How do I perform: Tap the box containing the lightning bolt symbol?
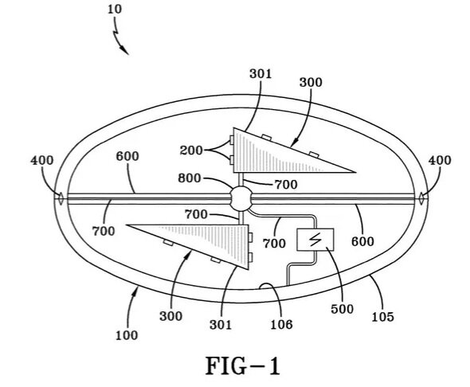point(315,240)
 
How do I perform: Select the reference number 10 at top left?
point(115,10)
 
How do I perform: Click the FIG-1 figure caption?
point(243,366)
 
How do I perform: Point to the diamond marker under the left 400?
point(61,198)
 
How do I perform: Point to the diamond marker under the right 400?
point(421,198)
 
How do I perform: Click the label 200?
point(191,150)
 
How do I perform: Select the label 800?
point(190,178)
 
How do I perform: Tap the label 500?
point(343,308)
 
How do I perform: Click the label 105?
point(383,317)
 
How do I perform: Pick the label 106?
point(281,324)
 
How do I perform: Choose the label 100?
point(127,335)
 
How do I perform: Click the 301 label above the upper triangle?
point(260,74)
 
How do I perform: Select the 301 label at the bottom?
point(221,325)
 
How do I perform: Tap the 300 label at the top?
point(311,82)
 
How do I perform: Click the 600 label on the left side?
point(127,156)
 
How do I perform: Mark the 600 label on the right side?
point(362,241)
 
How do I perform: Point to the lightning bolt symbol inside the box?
point(315,240)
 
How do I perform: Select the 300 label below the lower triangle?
point(170,316)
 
